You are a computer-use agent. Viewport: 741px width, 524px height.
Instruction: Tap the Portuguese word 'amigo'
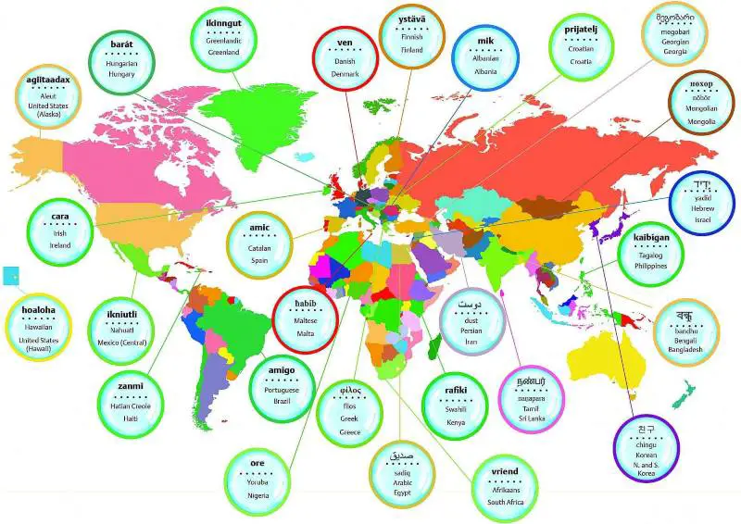tap(281, 370)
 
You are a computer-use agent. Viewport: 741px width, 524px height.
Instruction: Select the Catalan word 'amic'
tap(259, 228)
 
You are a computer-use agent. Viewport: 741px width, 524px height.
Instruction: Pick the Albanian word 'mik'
tap(486, 42)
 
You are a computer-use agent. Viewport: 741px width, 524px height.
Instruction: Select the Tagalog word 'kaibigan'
tap(659, 238)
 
